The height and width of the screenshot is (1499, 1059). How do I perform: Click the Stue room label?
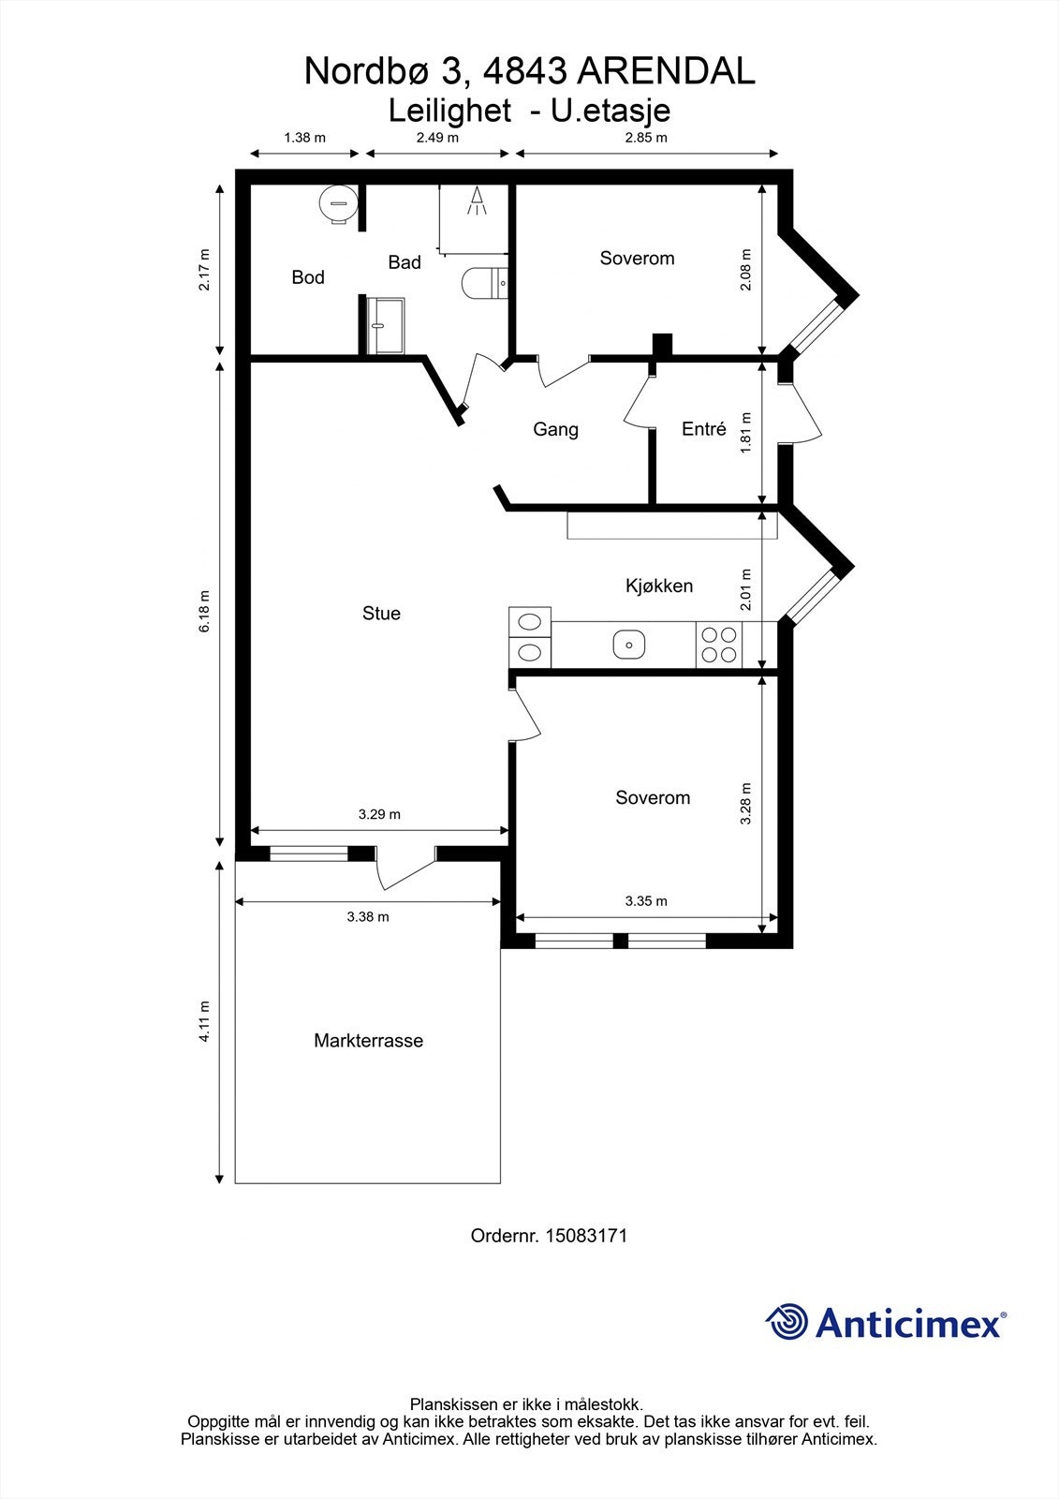point(381,613)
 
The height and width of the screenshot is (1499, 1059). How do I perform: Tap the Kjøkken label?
point(659,586)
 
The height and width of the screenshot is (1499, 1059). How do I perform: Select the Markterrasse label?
point(369,1041)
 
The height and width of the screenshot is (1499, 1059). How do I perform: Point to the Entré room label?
point(704,428)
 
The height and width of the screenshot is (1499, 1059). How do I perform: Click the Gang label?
point(555,430)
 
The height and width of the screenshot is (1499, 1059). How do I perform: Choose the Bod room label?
point(308,277)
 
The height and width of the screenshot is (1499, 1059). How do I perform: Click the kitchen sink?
point(629,645)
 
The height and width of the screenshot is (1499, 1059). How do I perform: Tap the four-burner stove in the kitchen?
point(719,645)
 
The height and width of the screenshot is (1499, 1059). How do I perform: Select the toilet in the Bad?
point(485,282)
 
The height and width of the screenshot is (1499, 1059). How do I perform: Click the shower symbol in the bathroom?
point(477,200)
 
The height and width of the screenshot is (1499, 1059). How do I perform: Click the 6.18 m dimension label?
point(205,611)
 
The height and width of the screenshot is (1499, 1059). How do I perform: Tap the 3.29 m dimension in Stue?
point(379,814)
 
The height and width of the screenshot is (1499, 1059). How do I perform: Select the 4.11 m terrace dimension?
point(205,1021)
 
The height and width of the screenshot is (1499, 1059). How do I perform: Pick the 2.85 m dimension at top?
point(646,138)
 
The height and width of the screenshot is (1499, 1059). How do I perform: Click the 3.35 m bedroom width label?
point(646,900)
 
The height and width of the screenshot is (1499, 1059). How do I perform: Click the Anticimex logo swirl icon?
point(787,1321)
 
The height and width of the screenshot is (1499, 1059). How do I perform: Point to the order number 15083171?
point(587,1236)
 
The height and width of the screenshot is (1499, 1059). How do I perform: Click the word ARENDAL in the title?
point(666,71)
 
